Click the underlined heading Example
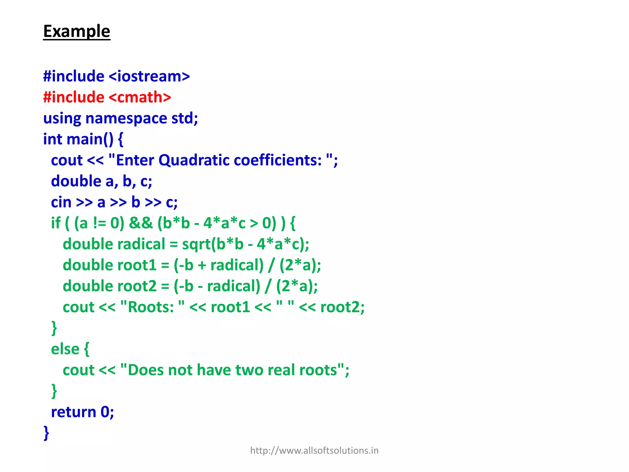pyautogui.click(x=76, y=31)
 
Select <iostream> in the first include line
pyautogui.click(x=149, y=76)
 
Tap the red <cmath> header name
pyautogui.click(x=140, y=97)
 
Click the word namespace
pyautogui.click(x=126, y=118)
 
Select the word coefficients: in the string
pyautogui.click(x=278, y=160)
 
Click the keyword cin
pyautogui.click(x=61, y=202)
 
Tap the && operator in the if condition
pyautogui.click(x=141, y=223)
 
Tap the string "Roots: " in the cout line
pyautogui.click(x=152, y=307)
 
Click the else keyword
pyautogui.click(x=65, y=349)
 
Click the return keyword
pyautogui.click(x=74, y=412)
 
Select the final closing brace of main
pyautogui.click(x=46, y=433)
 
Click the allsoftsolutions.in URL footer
pyautogui.click(x=314, y=450)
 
